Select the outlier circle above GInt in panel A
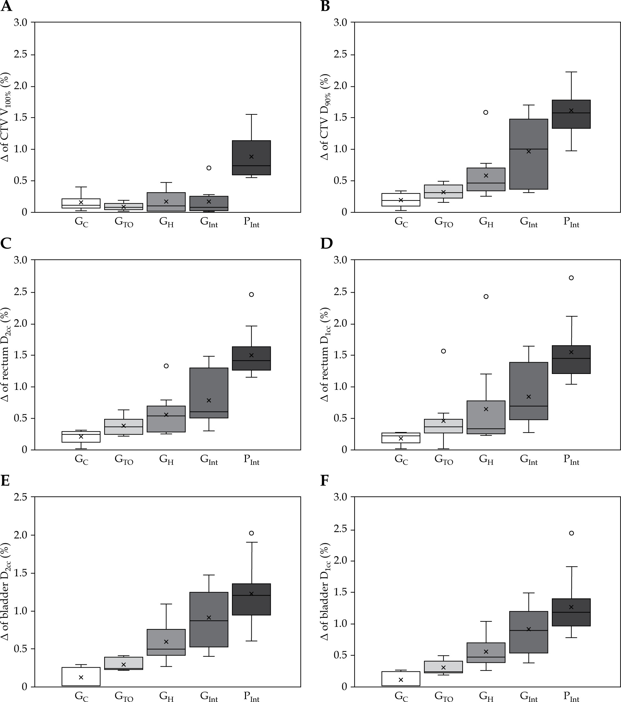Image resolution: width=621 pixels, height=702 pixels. point(209,168)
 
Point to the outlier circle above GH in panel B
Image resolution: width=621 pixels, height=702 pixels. point(486,112)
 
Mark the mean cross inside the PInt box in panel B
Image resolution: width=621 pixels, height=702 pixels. point(571,111)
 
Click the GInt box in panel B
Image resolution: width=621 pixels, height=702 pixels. point(528,154)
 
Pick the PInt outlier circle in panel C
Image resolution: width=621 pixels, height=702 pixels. point(251,294)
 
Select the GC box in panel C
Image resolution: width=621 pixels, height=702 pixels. point(81,437)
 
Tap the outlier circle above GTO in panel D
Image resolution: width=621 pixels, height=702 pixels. point(443,351)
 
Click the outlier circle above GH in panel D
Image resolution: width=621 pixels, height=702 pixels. point(486,296)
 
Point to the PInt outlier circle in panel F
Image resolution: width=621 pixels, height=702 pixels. point(571,533)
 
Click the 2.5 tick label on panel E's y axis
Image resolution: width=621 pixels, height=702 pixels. point(23,497)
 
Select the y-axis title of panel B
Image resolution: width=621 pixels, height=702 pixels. point(325,117)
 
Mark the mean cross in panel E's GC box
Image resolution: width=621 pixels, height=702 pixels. point(81,677)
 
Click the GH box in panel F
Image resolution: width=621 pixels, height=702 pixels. point(486,653)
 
